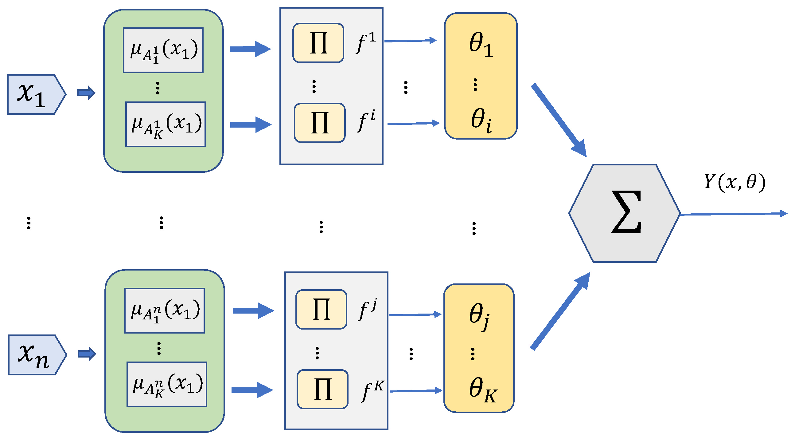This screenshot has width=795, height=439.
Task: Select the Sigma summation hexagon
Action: [625, 213]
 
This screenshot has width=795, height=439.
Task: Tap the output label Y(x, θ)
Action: [735, 182]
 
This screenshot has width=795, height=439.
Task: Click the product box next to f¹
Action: [318, 43]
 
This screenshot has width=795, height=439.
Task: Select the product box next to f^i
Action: [320, 123]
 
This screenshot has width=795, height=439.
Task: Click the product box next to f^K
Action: [322, 389]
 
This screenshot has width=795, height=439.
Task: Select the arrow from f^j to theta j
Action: [415, 315]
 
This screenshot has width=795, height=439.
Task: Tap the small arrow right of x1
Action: [86, 93]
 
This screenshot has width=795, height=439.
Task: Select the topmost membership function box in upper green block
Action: [163, 50]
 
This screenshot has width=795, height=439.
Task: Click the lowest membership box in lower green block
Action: [167, 385]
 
